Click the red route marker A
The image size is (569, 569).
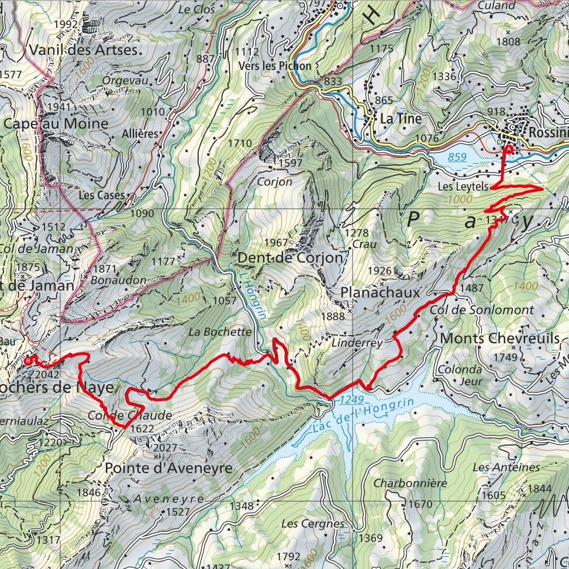(509, 150)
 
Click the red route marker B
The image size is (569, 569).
(27, 361)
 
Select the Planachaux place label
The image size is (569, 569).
(381, 292)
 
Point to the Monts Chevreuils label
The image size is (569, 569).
(499, 339)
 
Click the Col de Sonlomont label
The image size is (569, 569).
(482, 310)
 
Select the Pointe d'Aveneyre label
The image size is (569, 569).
(168, 468)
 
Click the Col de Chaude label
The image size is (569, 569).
(130, 415)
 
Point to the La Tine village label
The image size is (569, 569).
(401, 119)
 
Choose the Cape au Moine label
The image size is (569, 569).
(56, 124)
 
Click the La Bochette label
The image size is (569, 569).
(219, 332)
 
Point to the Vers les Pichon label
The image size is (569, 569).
(275, 66)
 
